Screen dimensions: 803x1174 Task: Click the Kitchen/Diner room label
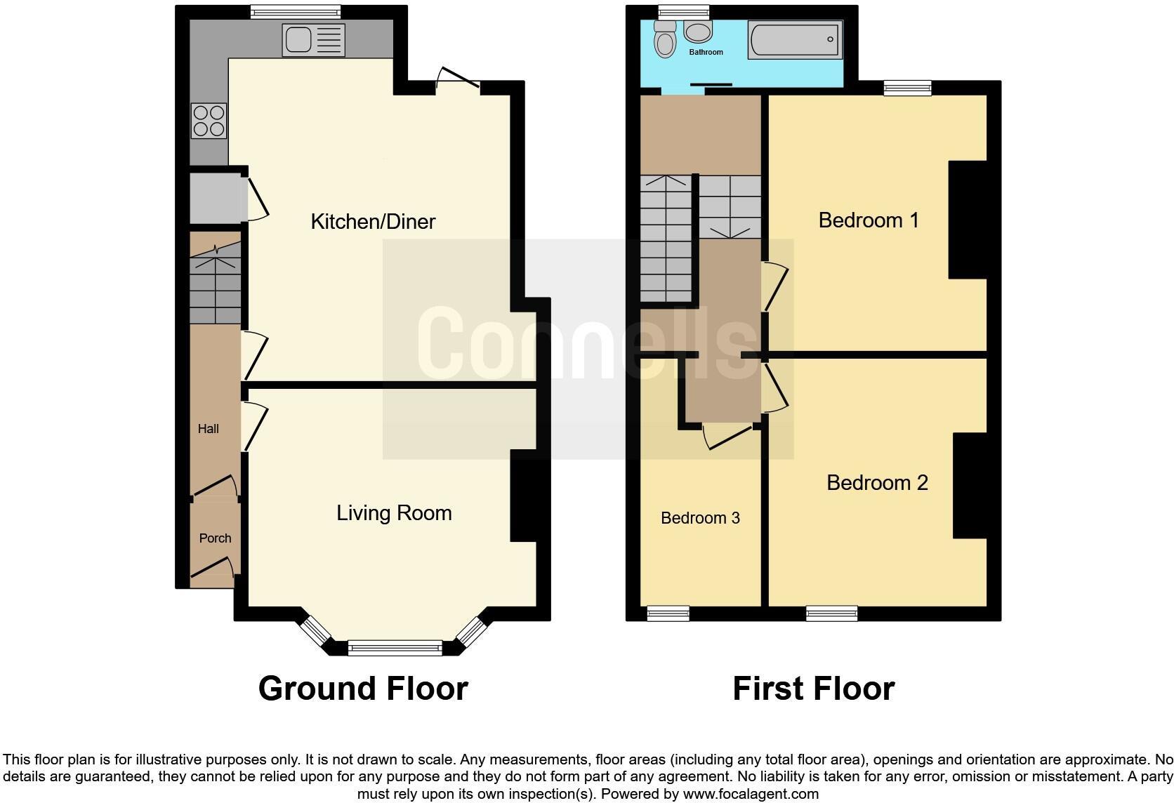point(373,222)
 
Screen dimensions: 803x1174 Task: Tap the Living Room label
point(394,513)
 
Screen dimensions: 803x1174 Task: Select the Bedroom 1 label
point(868,220)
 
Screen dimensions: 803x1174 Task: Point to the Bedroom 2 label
point(877,483)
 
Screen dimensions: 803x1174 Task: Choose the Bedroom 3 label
point(700,518)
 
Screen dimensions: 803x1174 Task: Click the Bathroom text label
point(706,52)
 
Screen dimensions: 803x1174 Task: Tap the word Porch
point(215,538)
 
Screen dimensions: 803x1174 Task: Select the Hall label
point(208,429)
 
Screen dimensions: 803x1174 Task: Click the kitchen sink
point(297,39)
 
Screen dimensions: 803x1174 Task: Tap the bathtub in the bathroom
point(795,39)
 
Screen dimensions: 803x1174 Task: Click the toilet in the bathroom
point(664,39)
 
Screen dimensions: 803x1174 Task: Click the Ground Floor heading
point(363,689)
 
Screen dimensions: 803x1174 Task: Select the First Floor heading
point(813,689)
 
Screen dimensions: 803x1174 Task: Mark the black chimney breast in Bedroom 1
point(968,220)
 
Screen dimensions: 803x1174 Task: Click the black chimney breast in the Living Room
point(529,500)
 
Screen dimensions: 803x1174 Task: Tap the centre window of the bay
point(395,647)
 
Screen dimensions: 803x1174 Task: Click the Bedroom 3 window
point(668,613)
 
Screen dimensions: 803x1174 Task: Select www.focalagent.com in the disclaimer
point(751,795)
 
